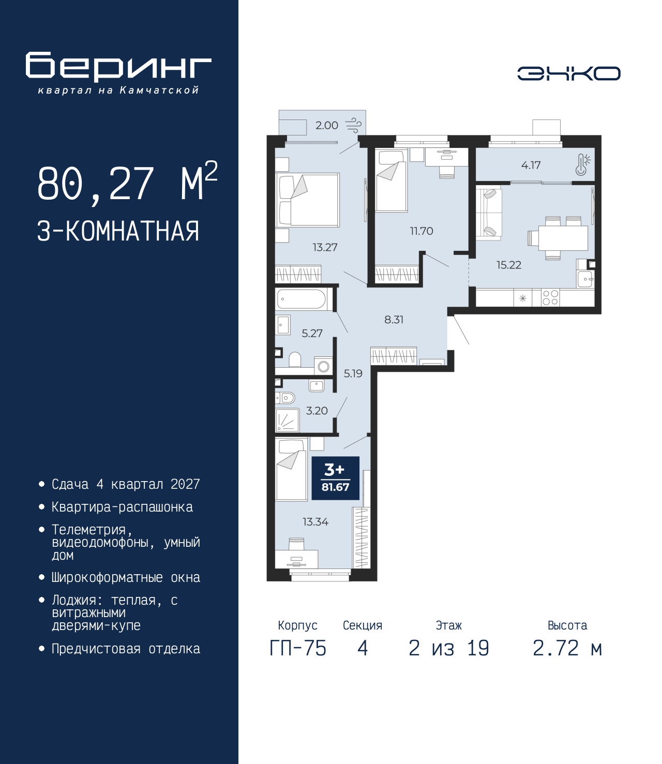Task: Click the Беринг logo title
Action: (118, 67)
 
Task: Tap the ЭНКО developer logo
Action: (568, 73)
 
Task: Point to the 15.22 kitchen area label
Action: (509, 265)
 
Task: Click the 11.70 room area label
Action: (422, 231)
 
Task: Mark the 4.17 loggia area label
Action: (531, 165)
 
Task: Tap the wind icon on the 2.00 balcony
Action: (353, 125)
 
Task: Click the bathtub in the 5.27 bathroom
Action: (301, 298)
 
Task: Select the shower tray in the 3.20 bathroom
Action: (287, 420)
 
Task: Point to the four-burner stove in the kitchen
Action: (550, 298)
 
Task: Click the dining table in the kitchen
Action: (563, 238)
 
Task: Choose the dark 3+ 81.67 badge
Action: (335, 478)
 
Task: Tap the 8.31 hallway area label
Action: (394, 319)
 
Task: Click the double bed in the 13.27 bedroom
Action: (308, 200)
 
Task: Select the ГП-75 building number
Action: (298, 648)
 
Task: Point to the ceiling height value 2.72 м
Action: (567, 648)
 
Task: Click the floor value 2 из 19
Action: (449, 648)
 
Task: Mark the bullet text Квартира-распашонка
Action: (123, 507)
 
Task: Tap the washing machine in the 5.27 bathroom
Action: (323, 366)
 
